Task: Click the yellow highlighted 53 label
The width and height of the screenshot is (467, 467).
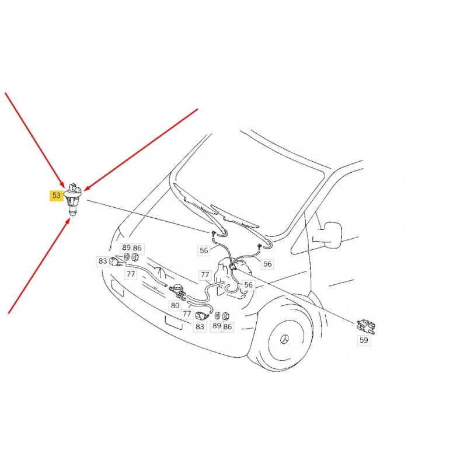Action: (56, 196)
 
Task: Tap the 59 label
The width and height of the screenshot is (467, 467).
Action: (364, 340)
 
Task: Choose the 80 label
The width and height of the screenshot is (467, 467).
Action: (175, 305)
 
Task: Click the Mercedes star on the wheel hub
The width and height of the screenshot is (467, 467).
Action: (285, 339)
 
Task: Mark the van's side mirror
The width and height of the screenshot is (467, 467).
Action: (331, 235)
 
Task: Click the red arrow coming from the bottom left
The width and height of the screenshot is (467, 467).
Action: (39, 266)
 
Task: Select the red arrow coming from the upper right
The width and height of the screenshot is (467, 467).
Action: (141, 149)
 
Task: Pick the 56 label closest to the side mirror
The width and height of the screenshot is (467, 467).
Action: (267, 264)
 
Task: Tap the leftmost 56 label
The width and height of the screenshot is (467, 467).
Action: (204, 250)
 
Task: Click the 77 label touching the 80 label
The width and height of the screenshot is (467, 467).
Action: (187, 313)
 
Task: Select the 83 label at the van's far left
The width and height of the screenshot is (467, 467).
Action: (103, 261)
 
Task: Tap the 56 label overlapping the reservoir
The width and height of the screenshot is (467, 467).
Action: (248, 285)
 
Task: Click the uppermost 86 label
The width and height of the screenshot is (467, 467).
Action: (137, 248)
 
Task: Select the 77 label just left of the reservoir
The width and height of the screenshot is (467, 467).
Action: (205, 274)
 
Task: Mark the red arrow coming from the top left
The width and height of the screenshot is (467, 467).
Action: (34, 140)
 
